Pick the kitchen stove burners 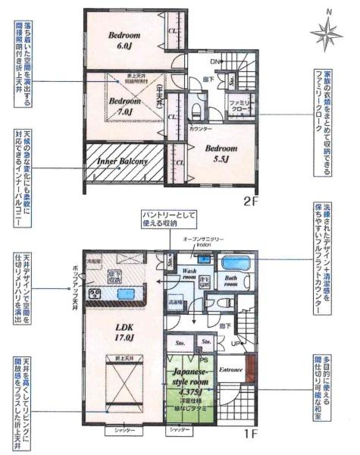[96, 293]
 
